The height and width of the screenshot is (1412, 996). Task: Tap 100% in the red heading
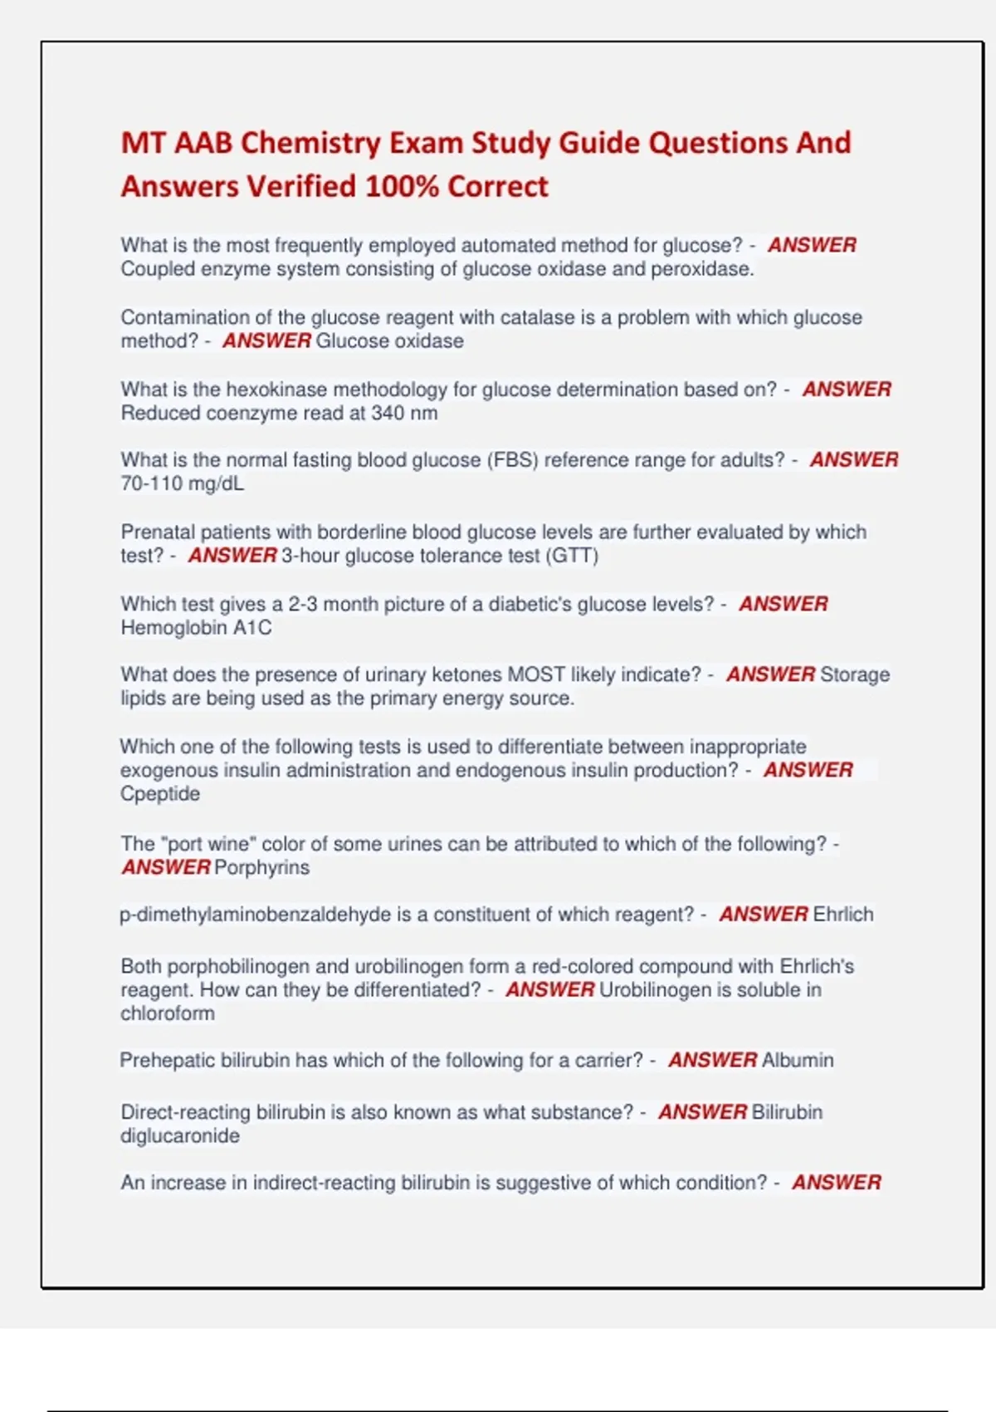[401, 187]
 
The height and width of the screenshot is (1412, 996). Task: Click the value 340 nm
[404, 413]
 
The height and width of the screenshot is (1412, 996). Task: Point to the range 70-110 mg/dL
[183, 483]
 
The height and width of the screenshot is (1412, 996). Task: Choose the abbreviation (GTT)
[572, 556]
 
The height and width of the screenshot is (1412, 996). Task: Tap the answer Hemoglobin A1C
[196, 628]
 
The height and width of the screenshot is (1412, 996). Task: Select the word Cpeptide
[160, 794]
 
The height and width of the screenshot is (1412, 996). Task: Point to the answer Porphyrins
[261, 868]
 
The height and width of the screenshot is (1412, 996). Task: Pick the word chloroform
[168, 1013]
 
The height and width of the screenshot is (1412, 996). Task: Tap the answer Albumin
[798, 1061]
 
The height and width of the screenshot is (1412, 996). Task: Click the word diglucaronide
[180, 1136]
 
